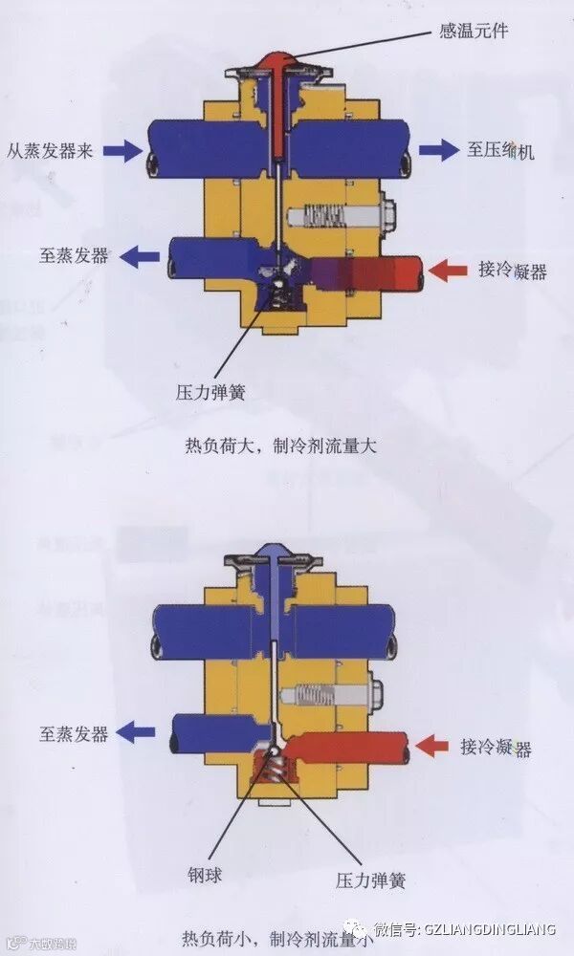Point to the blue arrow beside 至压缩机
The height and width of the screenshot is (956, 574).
point(438,148)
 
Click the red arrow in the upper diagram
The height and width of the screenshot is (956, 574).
point(447,271)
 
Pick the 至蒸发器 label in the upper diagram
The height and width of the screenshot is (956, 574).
point(74,255)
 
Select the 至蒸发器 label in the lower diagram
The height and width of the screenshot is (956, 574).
point(74,734)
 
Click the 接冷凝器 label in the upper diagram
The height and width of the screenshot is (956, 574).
point(512,271)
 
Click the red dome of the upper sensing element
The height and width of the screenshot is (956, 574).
point(280,63)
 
